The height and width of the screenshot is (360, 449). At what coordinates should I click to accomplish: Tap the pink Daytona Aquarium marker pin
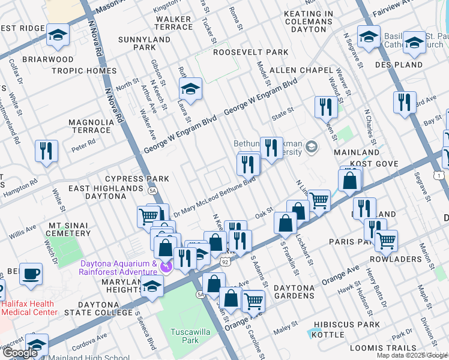(167, 265)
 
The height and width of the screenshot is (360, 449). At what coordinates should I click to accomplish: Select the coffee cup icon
(31, 274)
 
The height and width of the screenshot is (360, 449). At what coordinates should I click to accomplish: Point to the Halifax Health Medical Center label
(29, 307)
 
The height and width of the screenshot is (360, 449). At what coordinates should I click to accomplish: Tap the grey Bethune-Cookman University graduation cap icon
(311, 146)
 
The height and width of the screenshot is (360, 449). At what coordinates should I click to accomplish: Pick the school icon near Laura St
(190, 89)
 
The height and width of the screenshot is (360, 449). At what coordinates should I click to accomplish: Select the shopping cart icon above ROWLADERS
(386, 240)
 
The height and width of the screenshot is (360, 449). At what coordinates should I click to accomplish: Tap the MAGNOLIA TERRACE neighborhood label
(90, 126)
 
